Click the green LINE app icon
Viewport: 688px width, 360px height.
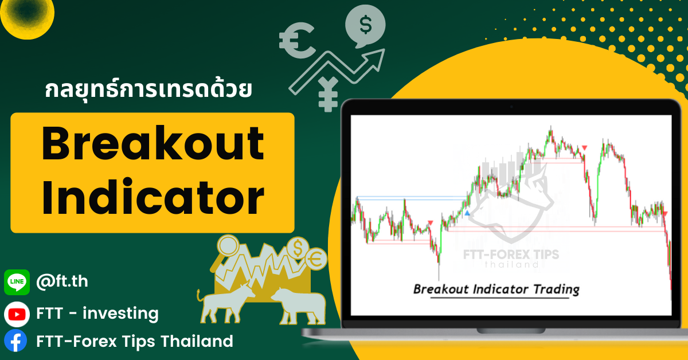coord(17,282)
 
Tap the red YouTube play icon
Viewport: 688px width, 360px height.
coord(17,314)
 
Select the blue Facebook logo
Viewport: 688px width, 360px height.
coord(15,341)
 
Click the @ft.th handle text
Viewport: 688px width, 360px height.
coord(62,281)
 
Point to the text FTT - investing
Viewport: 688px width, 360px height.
coord(97,314)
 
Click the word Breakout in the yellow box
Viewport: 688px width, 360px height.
coord(153,143)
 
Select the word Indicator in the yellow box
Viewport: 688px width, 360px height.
coord(153,197)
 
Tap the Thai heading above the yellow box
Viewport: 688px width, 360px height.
coord(148,89)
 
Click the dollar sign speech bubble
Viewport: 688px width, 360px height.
coord(365,25)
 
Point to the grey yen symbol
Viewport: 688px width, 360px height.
coord(328,94)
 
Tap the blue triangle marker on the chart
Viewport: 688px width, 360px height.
coord(467,213)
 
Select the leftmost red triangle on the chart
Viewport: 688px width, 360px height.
coord(431,222)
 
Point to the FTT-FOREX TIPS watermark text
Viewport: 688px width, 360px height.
coord(511,255)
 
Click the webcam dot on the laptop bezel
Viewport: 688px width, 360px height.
coord(511,107)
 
